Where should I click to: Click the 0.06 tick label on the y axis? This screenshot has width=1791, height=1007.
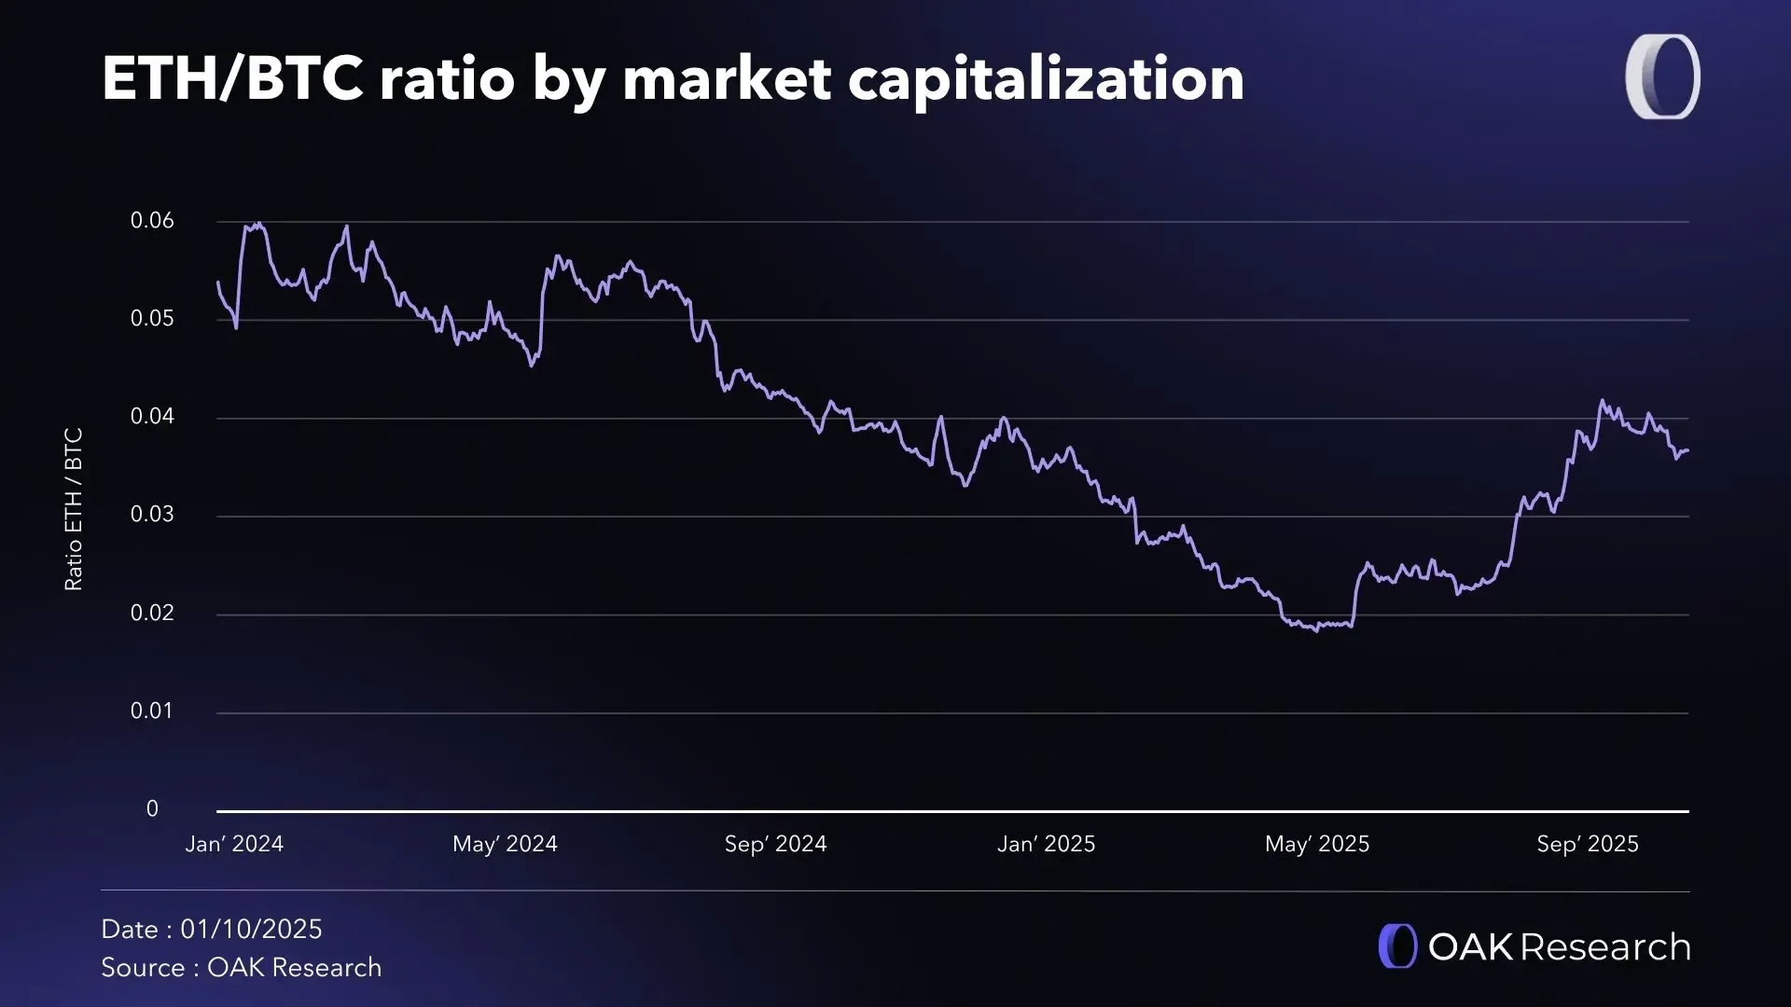pos(152,221)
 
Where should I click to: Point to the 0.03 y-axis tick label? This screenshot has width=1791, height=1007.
pos(152,515)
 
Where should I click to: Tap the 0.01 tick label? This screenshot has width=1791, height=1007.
pos(152,711)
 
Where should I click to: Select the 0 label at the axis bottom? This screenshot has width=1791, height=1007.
pos(152,809)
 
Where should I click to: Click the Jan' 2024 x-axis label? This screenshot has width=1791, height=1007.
pos(234,844)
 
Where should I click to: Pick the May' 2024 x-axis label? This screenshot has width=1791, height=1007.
pos(505,844)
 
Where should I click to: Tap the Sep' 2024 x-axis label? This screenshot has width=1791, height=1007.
pos(775,844)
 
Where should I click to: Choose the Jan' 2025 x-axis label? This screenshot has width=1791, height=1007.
pos(1046,844)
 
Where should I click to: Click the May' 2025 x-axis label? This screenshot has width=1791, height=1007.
pos(1317,844)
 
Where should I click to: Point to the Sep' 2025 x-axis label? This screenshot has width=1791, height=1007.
pos(1588,844)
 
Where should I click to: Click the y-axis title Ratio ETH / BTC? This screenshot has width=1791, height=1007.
pos(74,509)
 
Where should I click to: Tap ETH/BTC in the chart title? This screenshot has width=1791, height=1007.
pos(232,78)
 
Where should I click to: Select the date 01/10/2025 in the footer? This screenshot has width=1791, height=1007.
pos(251,930)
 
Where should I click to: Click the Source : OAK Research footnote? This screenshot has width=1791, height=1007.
pos(241,968)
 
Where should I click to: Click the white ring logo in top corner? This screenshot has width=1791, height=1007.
pos(1662,77)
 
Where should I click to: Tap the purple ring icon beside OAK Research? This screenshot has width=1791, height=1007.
pos(1397,946)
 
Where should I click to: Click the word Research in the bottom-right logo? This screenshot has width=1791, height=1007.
pos(1605,947)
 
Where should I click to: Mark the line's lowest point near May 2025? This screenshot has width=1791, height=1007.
pos(1316,631)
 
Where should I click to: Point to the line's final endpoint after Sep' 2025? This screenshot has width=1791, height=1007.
pos(1687,450)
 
